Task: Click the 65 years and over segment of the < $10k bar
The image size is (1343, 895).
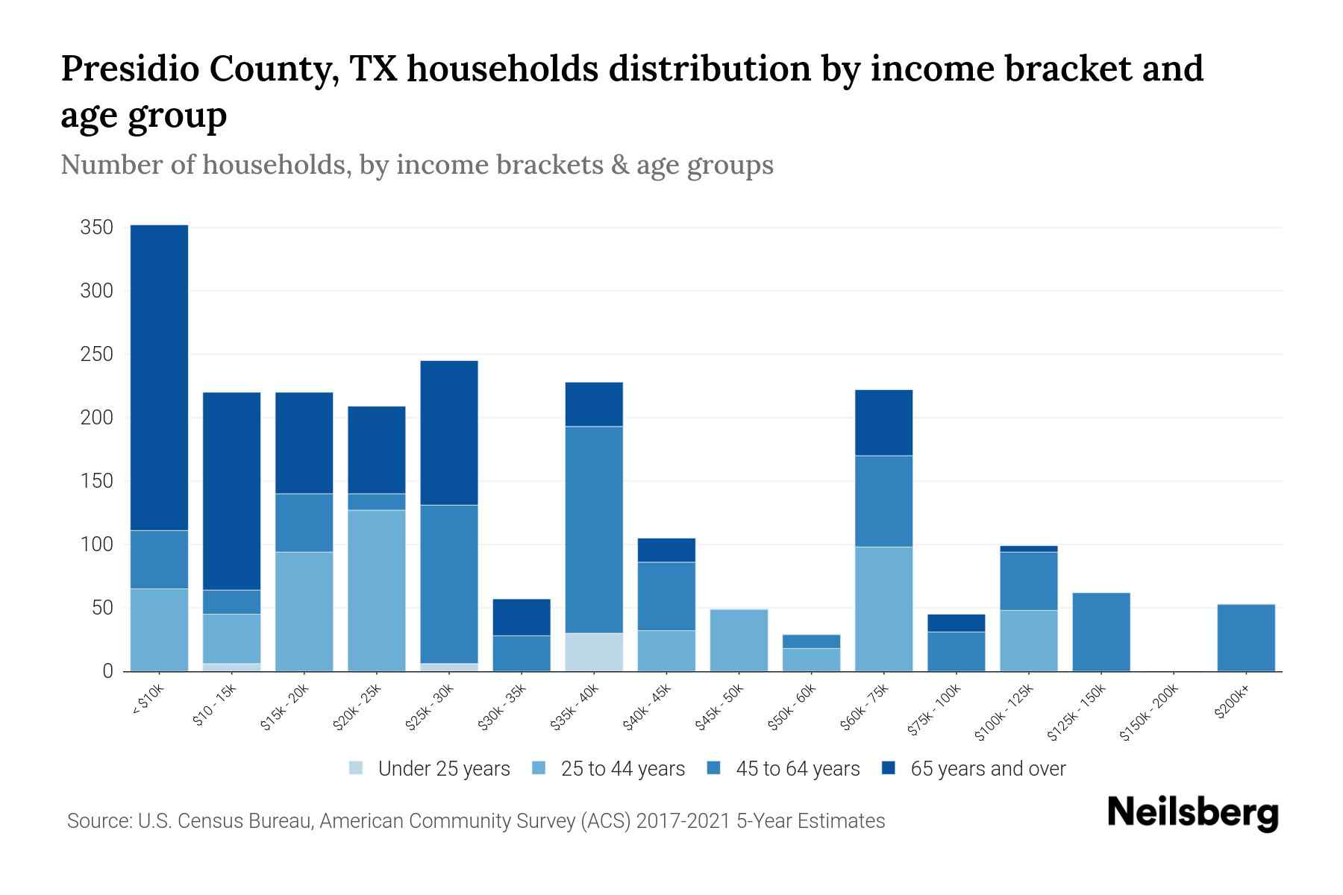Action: tap(159, 377)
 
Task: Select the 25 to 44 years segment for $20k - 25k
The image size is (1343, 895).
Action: tap(377, 590)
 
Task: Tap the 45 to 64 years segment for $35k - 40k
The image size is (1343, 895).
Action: tap(594, 530)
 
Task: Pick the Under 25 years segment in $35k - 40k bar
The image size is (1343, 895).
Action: tap(594, 652)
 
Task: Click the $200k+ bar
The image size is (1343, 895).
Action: tap(1245, 638)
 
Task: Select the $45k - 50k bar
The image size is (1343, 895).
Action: tap(739, 640)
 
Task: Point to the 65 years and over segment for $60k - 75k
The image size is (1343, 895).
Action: tap(883, 422)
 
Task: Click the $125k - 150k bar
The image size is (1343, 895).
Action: tap(1101, 632)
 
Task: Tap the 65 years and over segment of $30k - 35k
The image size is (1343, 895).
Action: tap(522, 617)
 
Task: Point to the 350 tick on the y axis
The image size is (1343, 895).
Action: tap(97, 227)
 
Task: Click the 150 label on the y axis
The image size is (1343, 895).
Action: tap(97, 481)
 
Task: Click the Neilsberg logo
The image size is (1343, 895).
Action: tap(1192, 813)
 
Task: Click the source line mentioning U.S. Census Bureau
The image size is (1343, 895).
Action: tap(476, 821)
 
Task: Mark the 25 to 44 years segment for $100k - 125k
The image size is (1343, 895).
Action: tap(1028, 641)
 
